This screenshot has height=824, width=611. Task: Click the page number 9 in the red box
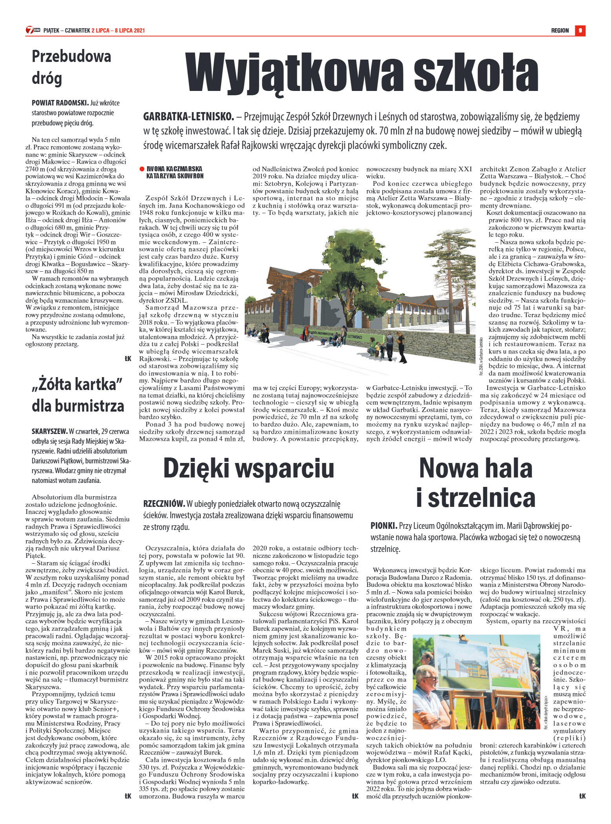pyautogui.click(x=580, y=31)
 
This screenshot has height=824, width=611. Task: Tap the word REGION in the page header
pyautogui.click(x=560, y=31)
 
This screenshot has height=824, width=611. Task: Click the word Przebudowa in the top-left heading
pyautogui.click(x=71, y=56)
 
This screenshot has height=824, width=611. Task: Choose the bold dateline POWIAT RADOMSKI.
pyautogui.click(x=60, y=103)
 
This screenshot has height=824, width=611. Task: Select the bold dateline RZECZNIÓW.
pyautogui.click(x=164, y=504)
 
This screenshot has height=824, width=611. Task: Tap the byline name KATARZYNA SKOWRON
pyautogui.click(x=175, y=176)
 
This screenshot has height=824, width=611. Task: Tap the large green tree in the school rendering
pyautogui.click(x=341, y=274)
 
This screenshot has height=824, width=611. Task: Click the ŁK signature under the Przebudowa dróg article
pyautogui.click(x=128, y=358)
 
